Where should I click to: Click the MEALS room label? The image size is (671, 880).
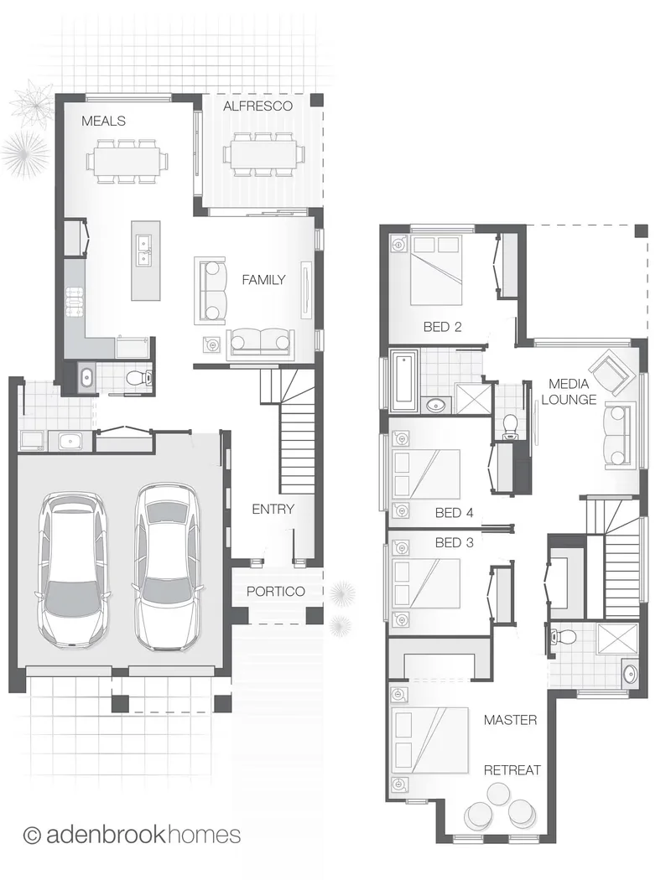tap(103, 121)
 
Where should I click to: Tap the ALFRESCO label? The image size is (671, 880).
tap(257, 106)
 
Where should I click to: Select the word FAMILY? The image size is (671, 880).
tap(263, 279)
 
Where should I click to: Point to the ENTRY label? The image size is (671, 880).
tap(273, 509)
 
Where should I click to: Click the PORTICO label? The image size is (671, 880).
tap(276, 591)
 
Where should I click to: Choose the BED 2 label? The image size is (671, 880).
tap(443, 327)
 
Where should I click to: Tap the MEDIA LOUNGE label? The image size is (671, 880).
tap(569, 391)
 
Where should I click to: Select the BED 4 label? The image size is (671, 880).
tap(455, 512)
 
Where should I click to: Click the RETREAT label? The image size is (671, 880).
tap(512, 770)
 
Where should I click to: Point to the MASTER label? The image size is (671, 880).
tap(511, 719)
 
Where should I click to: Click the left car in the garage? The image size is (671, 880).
tap(72, 568)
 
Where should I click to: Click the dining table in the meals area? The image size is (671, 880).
tap(127, 161)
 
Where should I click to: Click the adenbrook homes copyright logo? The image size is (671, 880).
tap(132, 835)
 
